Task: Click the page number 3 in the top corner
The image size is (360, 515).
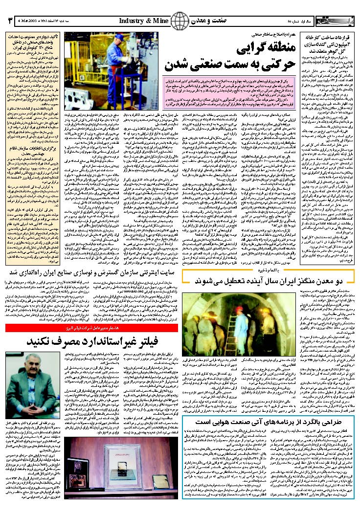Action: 8,22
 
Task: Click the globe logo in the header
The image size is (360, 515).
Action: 180,21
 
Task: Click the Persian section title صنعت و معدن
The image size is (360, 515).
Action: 210,22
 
